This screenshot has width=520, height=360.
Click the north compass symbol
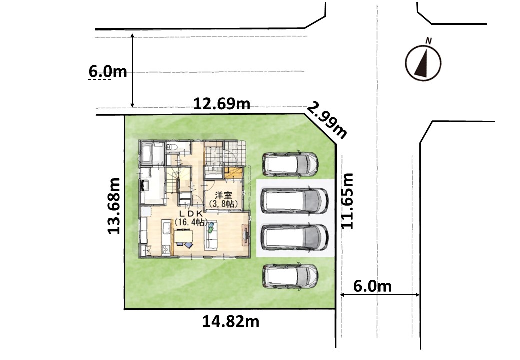pos(423,63)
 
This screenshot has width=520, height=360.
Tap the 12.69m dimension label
pos(222,104)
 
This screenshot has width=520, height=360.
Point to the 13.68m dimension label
pos(114,206)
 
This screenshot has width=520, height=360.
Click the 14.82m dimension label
pos(231,321)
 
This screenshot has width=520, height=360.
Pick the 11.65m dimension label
pos(347,201)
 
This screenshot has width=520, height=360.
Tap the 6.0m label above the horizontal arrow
pos(372,286)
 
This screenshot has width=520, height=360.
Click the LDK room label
pos(191,217)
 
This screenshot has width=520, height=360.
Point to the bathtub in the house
pos(146,153)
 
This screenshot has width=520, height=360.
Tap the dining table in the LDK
pos(183,236)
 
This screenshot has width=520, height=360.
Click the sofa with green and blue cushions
pos(211,235)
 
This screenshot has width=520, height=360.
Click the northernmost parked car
pos(290,164)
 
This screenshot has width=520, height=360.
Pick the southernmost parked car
pos(290,276)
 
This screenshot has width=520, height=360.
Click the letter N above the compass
pos(429,41)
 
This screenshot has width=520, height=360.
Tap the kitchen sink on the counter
pos(166,228)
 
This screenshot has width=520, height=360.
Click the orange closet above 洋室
pos(233,173)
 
